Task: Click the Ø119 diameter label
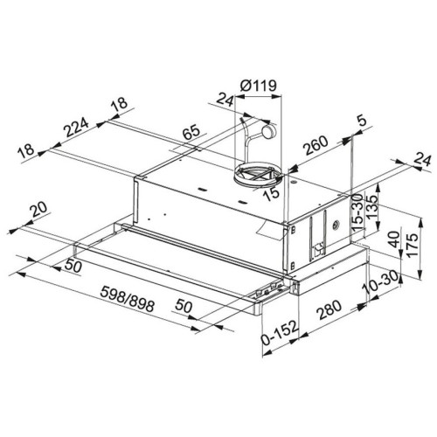(x=258, y=86)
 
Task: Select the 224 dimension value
(x=77, y=127)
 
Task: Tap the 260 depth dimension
(x=316, y=145)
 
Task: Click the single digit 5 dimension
(x=362, y=121)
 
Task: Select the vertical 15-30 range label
(x=358, y=212)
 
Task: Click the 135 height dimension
(x=371, y=207)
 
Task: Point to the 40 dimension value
(x=394, y=239)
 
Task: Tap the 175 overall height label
(x=413, y=245)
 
